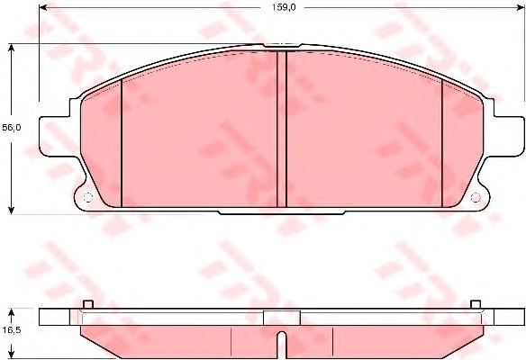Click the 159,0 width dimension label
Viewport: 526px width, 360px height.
(284, 7)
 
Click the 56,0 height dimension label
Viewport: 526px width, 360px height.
(12, 128)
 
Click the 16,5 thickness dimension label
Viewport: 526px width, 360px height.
(12, 329)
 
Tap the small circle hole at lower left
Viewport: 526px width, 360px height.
(87, 198)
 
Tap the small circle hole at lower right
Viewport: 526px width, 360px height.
(476, 198)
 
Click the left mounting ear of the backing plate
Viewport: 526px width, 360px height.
(55, 136)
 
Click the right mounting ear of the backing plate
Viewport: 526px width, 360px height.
(508, 136)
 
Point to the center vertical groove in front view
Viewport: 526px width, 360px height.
(282, 129)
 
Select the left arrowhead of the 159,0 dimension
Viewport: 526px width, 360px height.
(43, 7)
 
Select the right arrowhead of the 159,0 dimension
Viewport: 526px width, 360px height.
(520, 7)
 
